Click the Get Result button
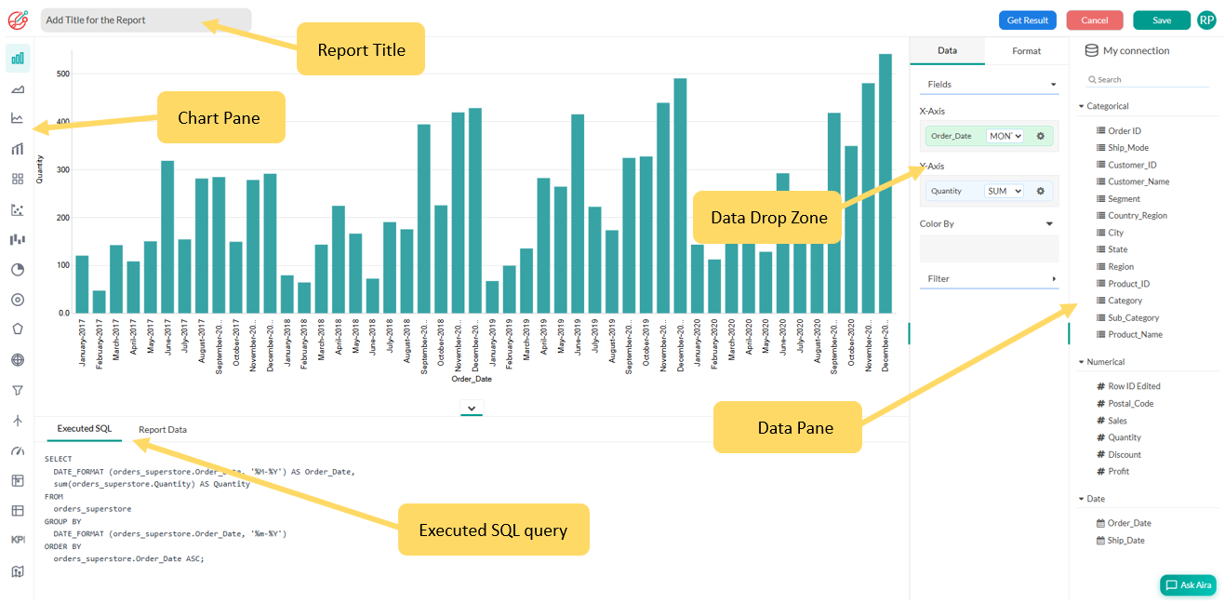click(1027, 20)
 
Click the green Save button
click(1161, 20)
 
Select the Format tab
click(1026, 51)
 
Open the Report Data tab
click(163, 430)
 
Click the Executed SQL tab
click(85, 429)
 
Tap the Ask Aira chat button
click(1188, 585)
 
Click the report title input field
click(145, 20)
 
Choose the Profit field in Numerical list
click(1118, 472)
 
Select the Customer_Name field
click(1138, 182)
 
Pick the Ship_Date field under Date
click(1125, 541)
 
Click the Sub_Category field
click(1133, 318)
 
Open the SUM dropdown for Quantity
click(1004, 192)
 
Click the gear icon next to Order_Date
click(1041, 136)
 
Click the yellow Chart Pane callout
click(220, 117)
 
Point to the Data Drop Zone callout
click(767, 218)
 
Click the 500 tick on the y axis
click(63, 74)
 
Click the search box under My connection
click(1152, 80)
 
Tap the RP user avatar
click(1206, 20)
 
